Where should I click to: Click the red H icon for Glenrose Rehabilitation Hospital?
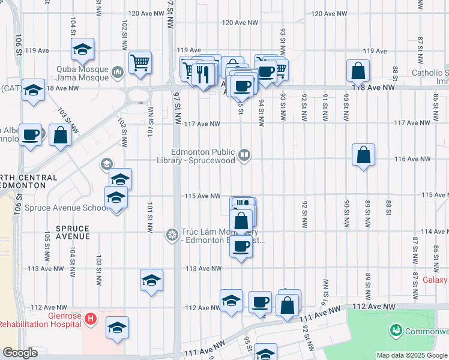90,317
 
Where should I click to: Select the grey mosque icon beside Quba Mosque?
117,73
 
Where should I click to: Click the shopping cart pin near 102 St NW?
140,62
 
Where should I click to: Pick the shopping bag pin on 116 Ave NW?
364,155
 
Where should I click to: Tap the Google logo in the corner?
19,353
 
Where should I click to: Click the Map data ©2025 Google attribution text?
412,355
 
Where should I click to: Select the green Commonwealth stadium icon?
396,330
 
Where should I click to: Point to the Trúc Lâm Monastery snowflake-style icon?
172,234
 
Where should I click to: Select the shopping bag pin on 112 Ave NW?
288,304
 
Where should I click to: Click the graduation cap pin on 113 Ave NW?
152,280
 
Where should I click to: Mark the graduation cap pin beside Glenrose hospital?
117,328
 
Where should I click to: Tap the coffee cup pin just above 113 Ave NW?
241,246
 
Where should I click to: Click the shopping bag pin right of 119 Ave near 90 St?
358,71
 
